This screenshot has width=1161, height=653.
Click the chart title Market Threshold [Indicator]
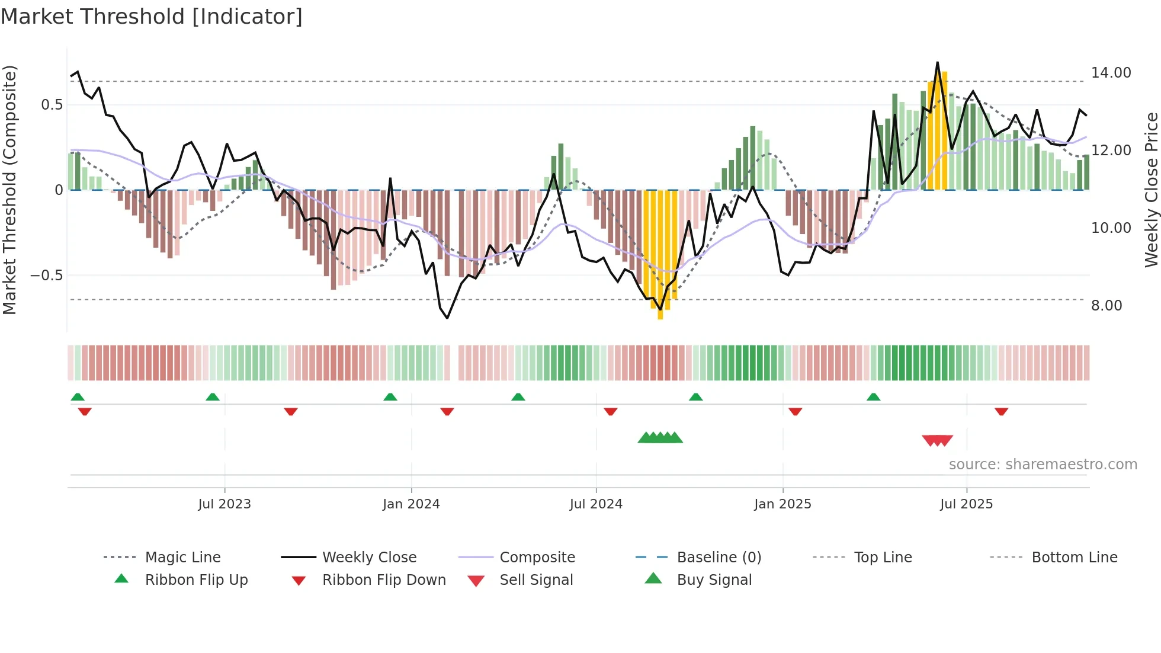(x=152, y=17)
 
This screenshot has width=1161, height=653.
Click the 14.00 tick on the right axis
(x=1111, y=73)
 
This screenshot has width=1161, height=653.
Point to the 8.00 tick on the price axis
(x=1106, y=306)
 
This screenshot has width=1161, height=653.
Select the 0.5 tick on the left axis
(x=52, y=105)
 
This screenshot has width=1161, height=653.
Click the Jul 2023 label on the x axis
(x=224, y=504)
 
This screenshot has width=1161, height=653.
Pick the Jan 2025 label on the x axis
(x=782, y=504)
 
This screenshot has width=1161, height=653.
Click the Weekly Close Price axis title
(x=1151, y=190)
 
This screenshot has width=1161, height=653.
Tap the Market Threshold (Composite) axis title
(x=9, y=190)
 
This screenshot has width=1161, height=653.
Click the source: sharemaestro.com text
(x=1043, y=465)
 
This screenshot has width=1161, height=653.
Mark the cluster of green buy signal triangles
(x=660, y=438)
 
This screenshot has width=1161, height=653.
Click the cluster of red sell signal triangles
(x=937, y=440)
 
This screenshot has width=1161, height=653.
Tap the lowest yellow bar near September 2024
(x=660, y=314)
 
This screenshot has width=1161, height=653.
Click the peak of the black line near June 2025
(x=937, y=63)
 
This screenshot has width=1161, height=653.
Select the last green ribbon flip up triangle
(x=873, y=397)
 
